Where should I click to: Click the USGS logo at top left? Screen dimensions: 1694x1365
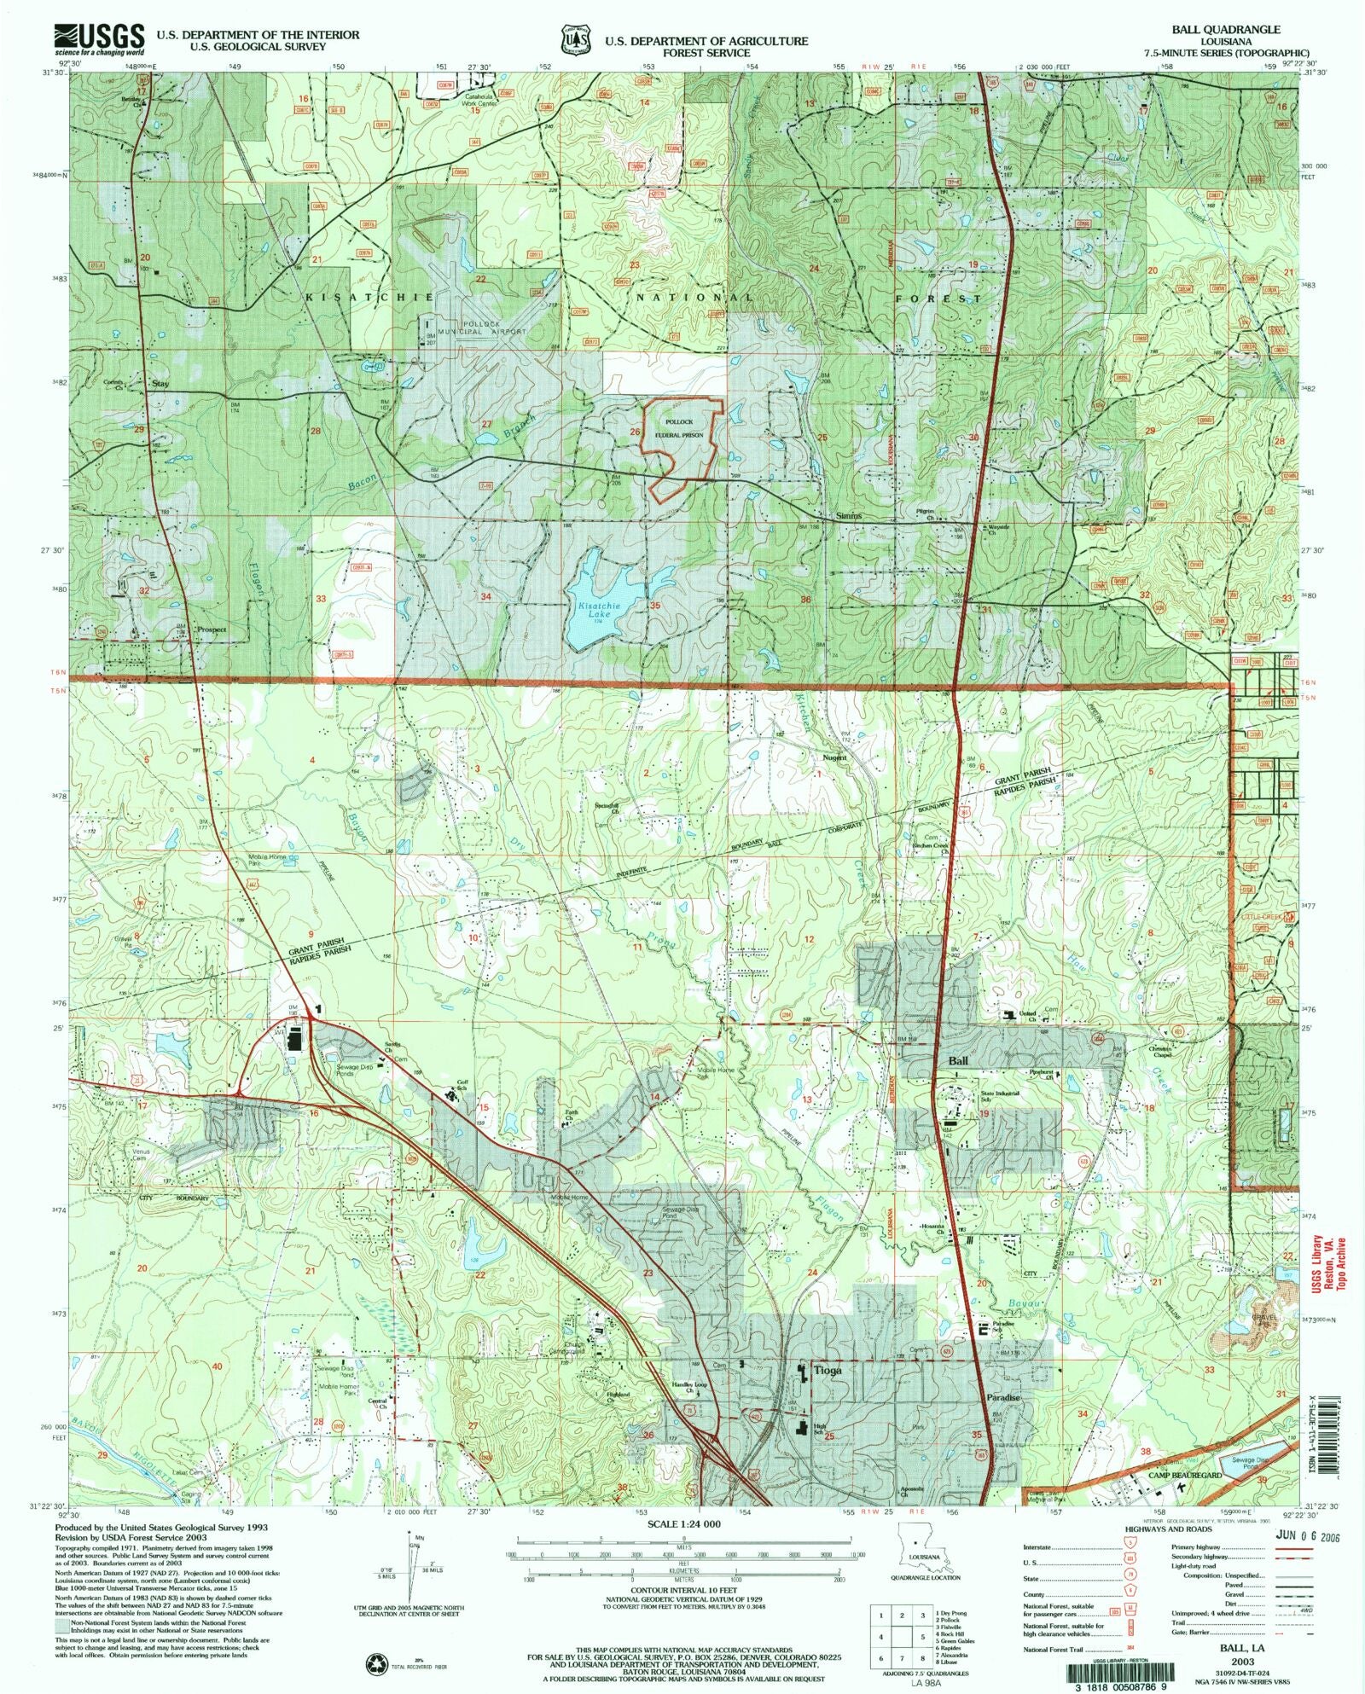(99, 38)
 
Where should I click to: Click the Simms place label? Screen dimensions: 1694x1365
(848, 516)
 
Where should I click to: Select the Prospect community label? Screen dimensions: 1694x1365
(212, 629)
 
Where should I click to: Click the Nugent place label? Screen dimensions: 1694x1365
(834, 757)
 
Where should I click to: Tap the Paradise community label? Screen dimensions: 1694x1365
(1002, 1422)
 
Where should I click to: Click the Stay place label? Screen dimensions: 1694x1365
(160, 384)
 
